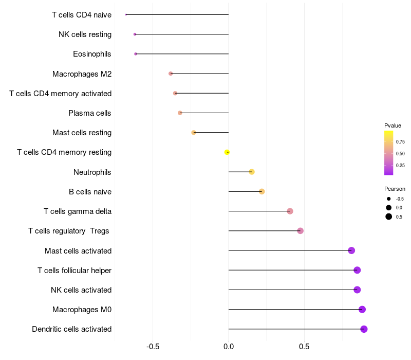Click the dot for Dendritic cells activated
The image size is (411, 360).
coord(364,329)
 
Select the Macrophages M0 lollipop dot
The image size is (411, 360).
coord(362,309)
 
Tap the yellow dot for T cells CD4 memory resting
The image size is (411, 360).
coord(227,152)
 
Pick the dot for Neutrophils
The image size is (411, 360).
coord(252,172)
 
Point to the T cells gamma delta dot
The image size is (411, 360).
coord(290,211)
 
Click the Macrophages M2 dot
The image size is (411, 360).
coord(171,74)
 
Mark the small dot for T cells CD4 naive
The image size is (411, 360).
coord(126,14)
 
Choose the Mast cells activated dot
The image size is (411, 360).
coord(351,250)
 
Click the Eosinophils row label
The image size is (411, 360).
coord(92,54)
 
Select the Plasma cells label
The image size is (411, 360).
coord(90,113)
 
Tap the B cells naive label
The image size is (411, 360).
coord(90,192)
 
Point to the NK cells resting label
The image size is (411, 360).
coord(85,34)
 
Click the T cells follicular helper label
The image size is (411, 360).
coord(74,271)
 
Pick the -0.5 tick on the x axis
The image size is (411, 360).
coord(153,347)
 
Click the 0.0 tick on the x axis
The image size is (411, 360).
coord(229,347)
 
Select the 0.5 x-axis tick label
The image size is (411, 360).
coord(304,347)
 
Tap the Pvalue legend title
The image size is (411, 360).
coord(393,125)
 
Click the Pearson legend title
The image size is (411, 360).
coord(395,189)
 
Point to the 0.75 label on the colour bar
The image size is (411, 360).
coord(400,142)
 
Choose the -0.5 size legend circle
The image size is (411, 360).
coord(389,199)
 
